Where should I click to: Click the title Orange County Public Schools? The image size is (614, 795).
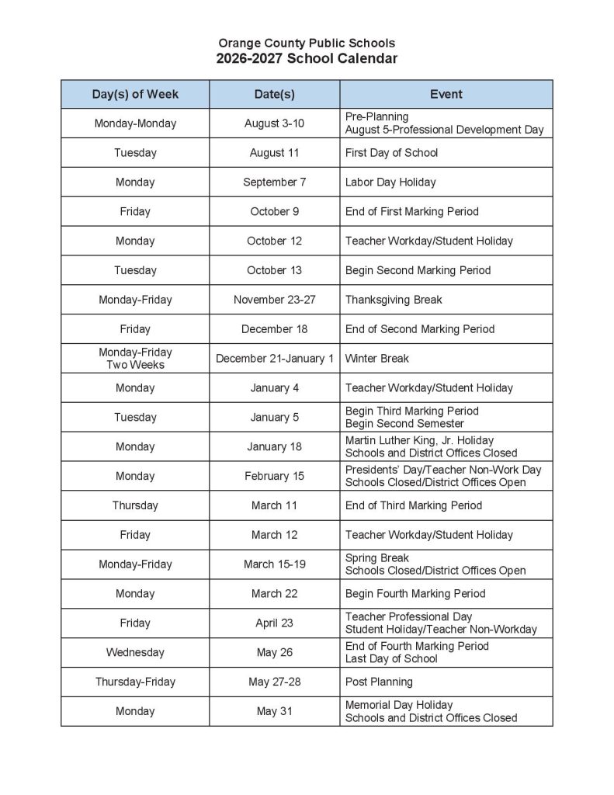307,43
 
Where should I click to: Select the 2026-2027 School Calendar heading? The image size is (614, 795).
307,59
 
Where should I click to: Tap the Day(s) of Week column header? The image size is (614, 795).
135,94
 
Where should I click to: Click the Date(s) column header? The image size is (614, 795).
274,94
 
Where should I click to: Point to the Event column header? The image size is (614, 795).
446,94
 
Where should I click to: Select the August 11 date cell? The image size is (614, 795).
274,153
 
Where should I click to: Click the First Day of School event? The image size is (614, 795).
391,153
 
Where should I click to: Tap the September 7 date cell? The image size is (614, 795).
274,182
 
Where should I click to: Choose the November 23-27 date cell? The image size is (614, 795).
274,300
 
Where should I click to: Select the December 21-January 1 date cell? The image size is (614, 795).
274,359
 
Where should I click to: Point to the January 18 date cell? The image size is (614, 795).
274,446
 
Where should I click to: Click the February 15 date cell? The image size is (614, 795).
274,476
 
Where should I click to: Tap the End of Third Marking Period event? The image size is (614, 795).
413,505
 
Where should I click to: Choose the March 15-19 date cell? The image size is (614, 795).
274,564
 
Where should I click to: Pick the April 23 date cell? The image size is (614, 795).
274,623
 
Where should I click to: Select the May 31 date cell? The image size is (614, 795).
274,711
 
